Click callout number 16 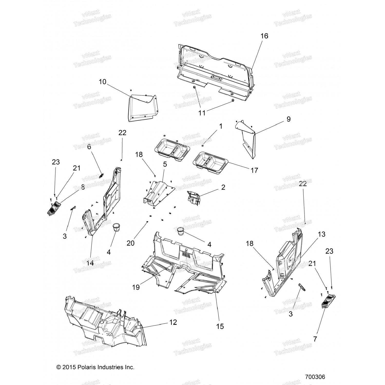point(264,36)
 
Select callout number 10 point(102,82)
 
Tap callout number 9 point(288,119)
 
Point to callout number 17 point(254,170)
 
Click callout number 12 point(173,322)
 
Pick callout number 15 point(220,326)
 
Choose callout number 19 point(136,287)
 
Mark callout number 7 point(315,339)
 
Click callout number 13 point(314,234)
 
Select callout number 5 point(165,164)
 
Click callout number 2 point(223,187)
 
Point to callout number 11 point(202,113)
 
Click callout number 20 point(130,243)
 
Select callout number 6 point(89,147)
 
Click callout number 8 point(83,187)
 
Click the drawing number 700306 point(315,377)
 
